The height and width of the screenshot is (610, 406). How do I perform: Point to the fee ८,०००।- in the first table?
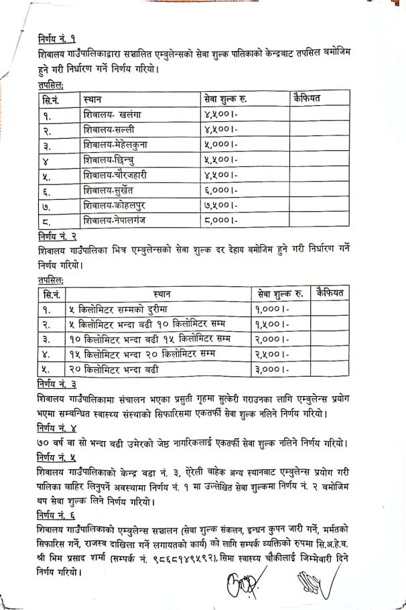tap(221, 219)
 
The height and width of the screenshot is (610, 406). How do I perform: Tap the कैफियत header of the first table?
tap(307, 99)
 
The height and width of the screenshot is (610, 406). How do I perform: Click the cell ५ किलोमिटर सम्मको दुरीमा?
tap(115, 309)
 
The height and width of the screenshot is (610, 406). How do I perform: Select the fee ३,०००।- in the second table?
tap(273, 368)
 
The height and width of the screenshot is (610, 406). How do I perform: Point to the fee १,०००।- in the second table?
tap(273, 309)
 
